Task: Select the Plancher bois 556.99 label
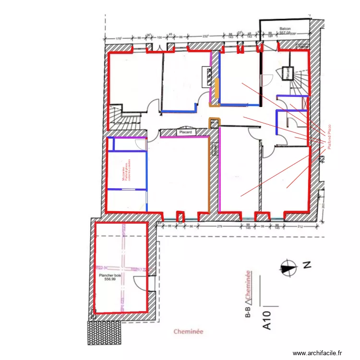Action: click(x=108, y=277)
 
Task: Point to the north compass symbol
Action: click(x=288, y=268)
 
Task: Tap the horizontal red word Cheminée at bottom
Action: click(x=189, y=331)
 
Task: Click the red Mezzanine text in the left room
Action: click(x=126, y=171)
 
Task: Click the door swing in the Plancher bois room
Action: click(x=142, y=284)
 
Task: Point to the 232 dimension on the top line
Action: click(x=205, y=36)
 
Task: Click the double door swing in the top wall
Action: click(x=156, y=48)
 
